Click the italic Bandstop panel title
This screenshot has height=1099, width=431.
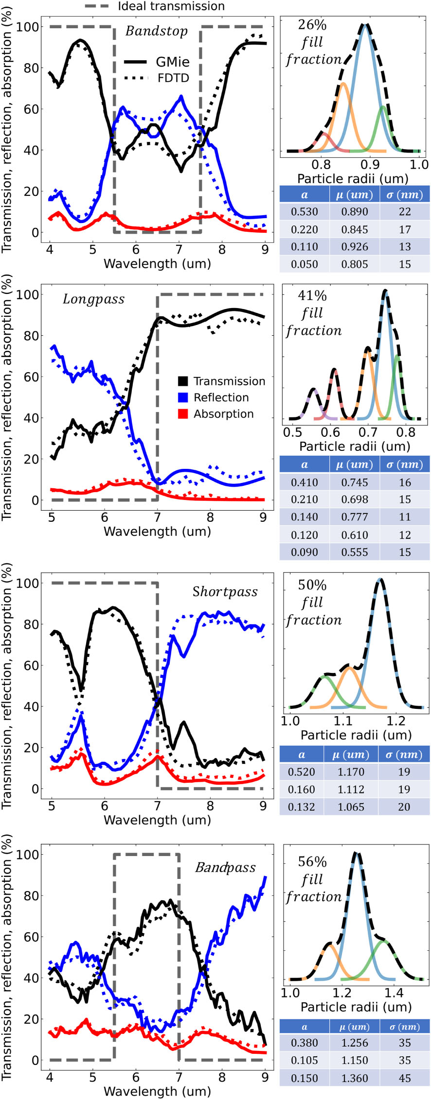pos(156,31)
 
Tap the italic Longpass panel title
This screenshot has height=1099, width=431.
pos(93,299)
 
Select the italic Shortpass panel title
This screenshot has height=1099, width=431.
pos(225,591)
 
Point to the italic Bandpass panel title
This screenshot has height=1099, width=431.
pos(225,867)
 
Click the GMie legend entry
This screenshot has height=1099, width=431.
pos(172,62)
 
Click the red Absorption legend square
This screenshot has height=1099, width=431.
pos(183,414)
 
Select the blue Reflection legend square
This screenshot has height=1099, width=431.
pos(183,397)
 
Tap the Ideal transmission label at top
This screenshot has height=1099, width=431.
pos(171,6)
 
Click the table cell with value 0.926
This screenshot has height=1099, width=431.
pos(355,247)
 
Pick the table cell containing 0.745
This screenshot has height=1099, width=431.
pos(355,482)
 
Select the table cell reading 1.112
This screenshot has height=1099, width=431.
pos(351,790)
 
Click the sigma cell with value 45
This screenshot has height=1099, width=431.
pos(405,1078)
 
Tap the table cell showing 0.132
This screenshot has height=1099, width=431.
pos(302,807)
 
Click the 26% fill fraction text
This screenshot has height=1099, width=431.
pos(313,42)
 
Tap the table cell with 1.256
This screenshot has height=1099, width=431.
pos(355,1043)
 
